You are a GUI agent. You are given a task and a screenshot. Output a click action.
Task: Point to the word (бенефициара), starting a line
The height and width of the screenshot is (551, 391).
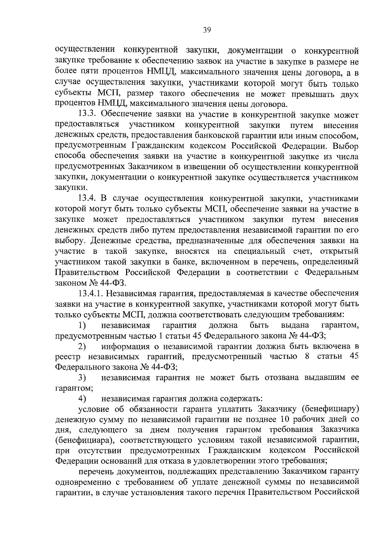[84, 440]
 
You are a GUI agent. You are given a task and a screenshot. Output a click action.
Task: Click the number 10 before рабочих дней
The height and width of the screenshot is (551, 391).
[284, 420]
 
